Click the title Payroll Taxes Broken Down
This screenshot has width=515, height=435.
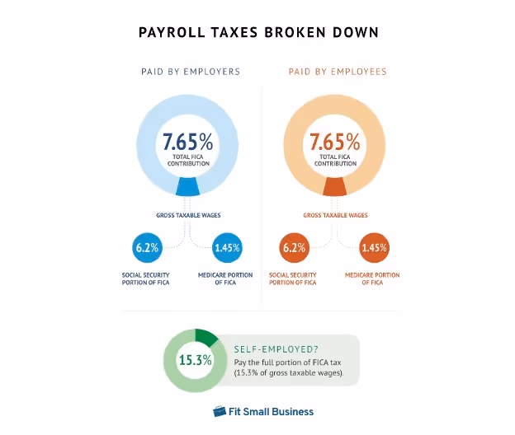[258, 33]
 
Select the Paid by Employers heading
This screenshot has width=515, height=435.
[191, 72]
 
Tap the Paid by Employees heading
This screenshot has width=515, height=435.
[337, 72]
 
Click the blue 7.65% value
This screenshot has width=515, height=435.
[187, 141]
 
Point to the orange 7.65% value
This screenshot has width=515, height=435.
[334, 141]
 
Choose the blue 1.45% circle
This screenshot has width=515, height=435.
[226, 247]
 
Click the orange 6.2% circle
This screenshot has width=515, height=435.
[293, 247]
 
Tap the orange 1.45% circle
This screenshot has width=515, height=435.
[373, 247]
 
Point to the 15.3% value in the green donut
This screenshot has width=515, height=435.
[196, 360]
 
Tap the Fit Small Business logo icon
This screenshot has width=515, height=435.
[220, 411]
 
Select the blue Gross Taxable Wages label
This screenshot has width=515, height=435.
[187, 216]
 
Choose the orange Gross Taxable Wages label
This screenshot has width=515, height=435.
[335, 216]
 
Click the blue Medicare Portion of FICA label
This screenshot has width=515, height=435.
[225, 278]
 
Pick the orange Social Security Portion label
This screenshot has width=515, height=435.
[293, 278]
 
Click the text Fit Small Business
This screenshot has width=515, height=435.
[272, 411]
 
